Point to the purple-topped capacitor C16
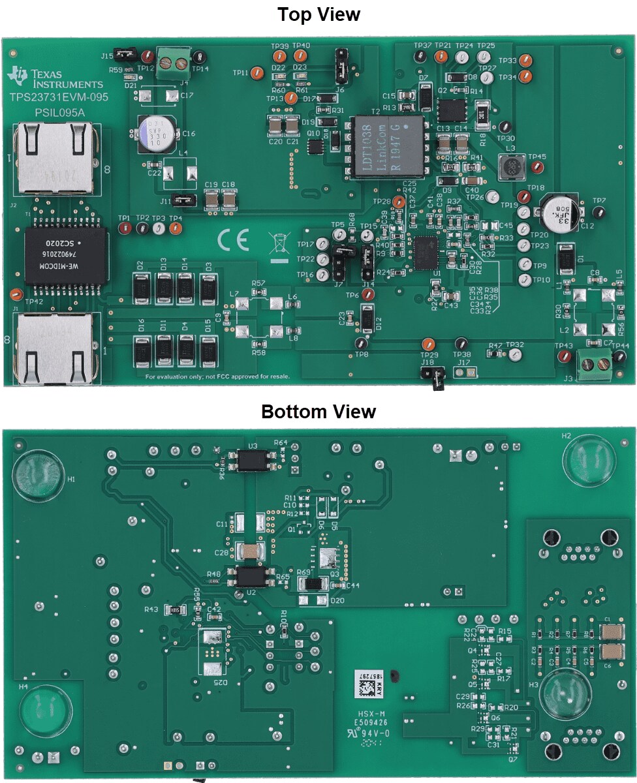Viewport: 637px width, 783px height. click(155, 132)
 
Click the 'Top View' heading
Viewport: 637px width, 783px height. click(318, 14)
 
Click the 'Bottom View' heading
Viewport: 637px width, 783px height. click(318, 412)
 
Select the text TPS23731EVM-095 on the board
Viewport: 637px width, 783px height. click(59, 97)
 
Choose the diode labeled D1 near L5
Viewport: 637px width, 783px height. click(565, 259)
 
